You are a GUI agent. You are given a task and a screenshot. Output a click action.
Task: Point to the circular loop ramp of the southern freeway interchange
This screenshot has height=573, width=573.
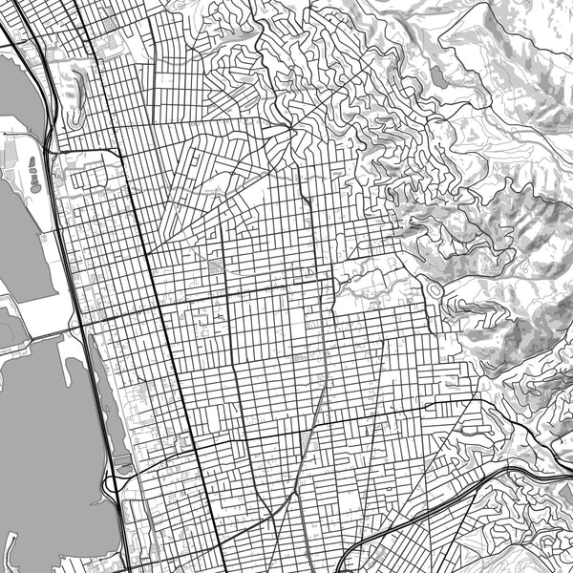[112, 484]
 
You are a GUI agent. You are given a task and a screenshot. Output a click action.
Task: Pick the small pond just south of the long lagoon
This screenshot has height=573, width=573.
[122, 468]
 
